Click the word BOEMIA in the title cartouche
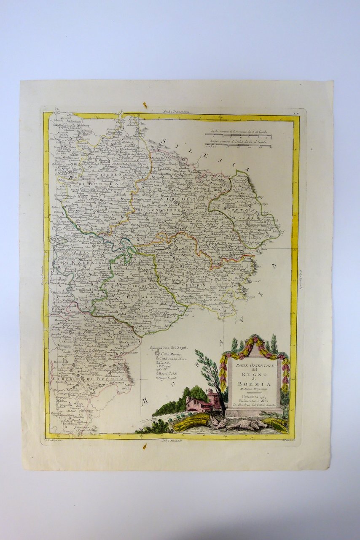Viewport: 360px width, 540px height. pyautogui.click(x=254, y=383)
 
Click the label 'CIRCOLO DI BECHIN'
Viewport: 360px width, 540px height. pyautogui.click(x=89, y=379)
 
